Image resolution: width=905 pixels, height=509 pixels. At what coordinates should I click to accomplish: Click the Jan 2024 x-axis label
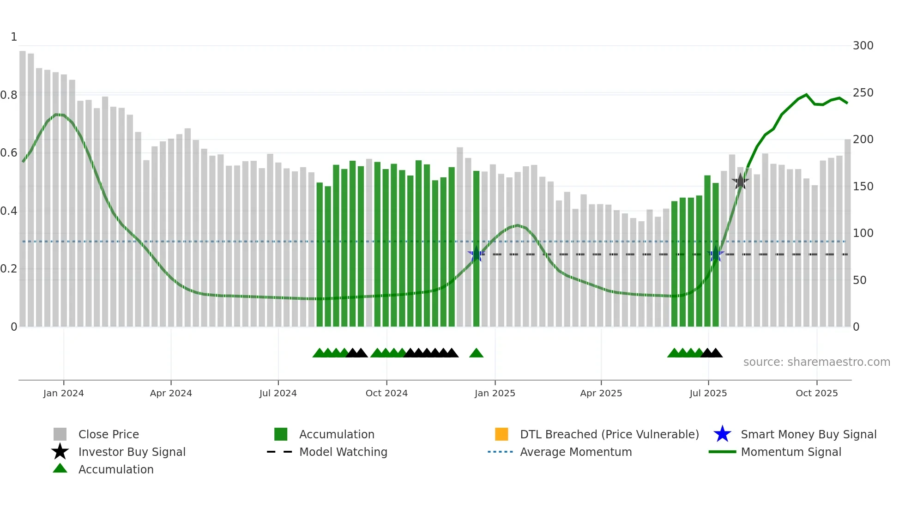(63, 393)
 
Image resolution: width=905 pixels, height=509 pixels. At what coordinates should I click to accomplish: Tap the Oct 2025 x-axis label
(816, 393)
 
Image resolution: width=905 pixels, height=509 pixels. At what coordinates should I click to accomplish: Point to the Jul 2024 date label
(278, 393)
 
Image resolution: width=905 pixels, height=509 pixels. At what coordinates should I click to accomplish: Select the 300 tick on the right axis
(863, 46)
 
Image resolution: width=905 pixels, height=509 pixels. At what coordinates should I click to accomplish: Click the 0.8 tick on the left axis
(9, 95)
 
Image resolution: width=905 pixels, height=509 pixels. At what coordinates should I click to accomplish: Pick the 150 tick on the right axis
(863, 187)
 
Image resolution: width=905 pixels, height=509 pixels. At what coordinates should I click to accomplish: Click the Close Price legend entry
(109, 434)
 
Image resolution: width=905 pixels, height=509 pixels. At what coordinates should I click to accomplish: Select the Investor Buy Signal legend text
(132, 452)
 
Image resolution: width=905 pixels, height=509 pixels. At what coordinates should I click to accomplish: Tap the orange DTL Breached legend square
(501, 434)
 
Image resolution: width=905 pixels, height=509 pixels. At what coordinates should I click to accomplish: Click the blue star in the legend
(722, 434)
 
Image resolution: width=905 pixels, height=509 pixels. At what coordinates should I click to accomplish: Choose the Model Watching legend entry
(343, 452)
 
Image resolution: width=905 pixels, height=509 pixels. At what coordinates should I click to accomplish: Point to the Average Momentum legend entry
(576, 452)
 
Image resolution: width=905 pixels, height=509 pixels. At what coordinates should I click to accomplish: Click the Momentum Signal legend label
(791, 452)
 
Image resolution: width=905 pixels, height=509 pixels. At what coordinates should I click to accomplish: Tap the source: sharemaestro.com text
(816, 362)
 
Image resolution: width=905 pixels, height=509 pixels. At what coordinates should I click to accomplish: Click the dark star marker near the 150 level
(740, 182)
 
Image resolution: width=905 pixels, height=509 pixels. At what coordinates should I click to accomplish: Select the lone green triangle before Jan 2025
(476, 353)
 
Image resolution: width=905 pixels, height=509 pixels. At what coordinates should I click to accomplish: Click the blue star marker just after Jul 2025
(716, 254)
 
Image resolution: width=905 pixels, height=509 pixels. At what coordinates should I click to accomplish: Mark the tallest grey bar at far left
(23, 185)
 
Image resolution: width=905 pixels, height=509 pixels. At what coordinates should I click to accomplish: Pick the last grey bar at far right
(848, 231)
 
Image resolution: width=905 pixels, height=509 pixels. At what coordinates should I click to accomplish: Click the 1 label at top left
(14, 37)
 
